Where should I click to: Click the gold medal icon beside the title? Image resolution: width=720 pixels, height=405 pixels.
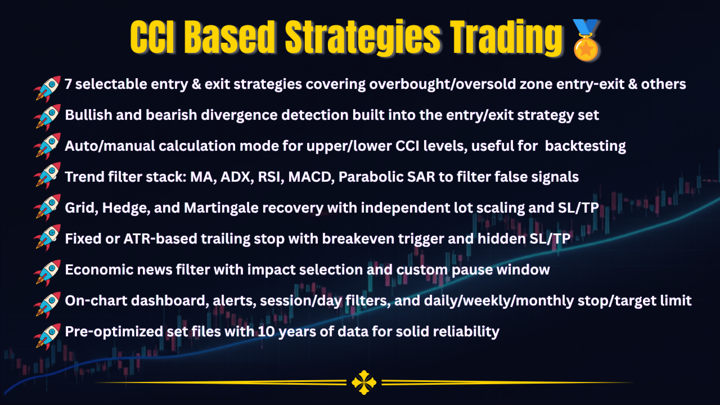coord(586,40)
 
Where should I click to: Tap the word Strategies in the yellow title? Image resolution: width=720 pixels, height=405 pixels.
coord(363,38)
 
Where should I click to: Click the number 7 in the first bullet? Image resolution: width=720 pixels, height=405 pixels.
coord(68,84)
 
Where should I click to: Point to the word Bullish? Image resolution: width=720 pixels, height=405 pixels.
coord(88,115)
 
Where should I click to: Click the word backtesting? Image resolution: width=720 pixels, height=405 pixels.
coord(586,146)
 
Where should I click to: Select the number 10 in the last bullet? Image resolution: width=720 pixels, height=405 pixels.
coord(266,332)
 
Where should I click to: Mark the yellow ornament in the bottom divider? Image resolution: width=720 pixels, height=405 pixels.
coord(364,382)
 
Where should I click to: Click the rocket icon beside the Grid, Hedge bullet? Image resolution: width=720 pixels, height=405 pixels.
coord(47,208)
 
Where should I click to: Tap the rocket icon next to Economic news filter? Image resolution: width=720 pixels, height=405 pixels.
coord(47,273)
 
